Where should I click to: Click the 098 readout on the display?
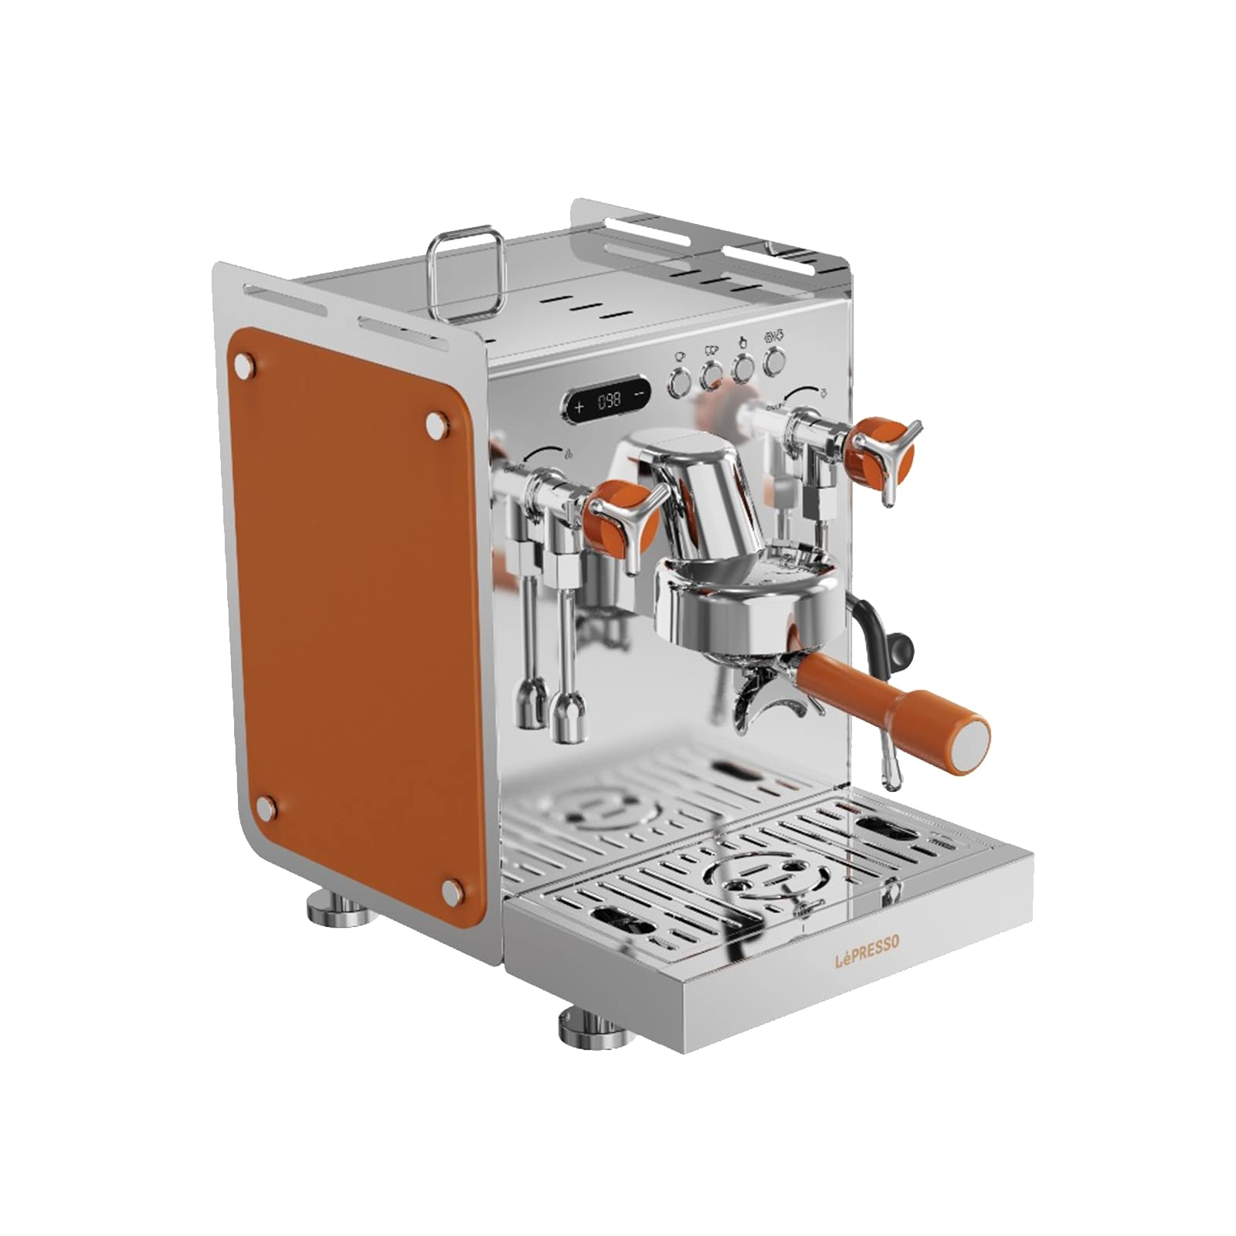[x=609, y=401]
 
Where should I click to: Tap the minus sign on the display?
[x=639, y=392]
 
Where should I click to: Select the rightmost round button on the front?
[x=774, y=360]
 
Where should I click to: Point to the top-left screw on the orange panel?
[x=247, y=364]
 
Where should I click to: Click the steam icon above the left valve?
[x=569, y=453]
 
